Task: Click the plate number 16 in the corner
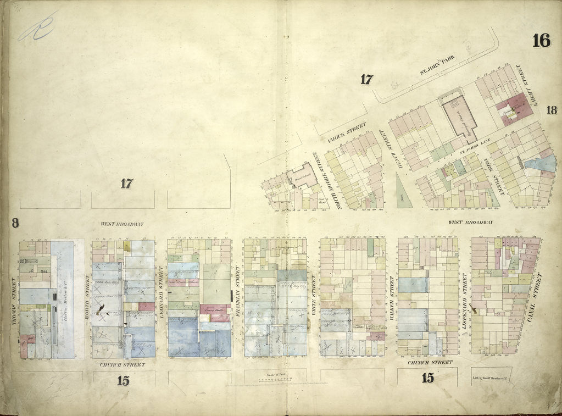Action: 541,41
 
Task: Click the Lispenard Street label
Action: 464,297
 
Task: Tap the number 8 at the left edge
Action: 14,223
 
